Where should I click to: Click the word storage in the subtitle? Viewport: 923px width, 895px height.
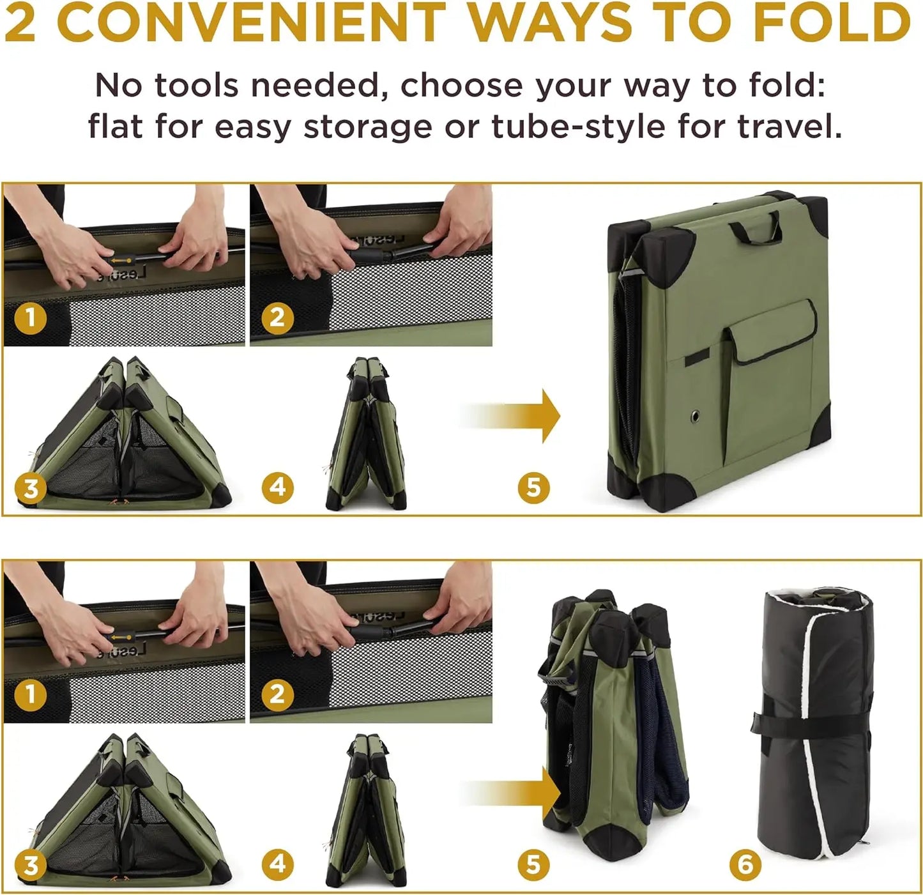[367, 128]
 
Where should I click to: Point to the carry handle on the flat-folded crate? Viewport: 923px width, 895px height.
[756, 227]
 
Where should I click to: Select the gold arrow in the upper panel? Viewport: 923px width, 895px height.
[509, 416]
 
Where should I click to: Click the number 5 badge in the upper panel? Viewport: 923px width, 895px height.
[533, 487]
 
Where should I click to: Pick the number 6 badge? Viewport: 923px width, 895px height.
[745, 864]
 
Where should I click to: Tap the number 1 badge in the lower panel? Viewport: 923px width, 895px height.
[31, 695]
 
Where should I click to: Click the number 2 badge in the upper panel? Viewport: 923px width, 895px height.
[277, 317]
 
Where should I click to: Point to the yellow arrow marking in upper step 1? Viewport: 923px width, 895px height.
[121, 261]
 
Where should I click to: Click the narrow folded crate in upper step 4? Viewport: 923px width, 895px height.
[367, 434]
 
